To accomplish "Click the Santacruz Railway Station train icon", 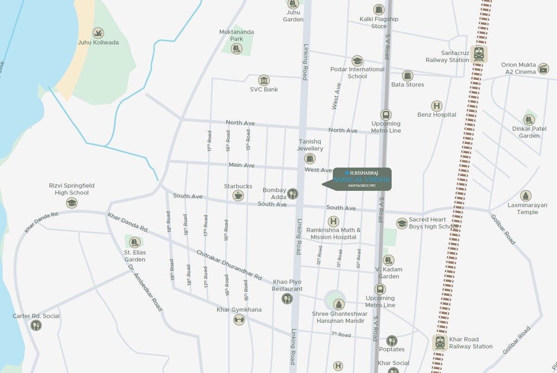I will (478, 54).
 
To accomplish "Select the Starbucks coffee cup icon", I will (238, 195).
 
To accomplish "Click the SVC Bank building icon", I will (264, 80).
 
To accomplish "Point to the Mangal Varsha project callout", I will (362, 179).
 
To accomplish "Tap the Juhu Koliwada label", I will (98, 42).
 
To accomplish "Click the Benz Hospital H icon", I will (436, 106).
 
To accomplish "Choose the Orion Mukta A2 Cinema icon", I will (543, 69).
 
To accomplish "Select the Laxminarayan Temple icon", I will (525, 196).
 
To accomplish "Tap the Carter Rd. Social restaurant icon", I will (36, 326).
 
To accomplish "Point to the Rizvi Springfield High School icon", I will (71, 202).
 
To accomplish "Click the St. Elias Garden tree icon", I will (135, 242).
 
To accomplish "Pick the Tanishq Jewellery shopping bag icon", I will (310, 158).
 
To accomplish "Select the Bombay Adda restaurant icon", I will (292, 193).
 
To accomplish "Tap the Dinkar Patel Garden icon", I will (529, 120).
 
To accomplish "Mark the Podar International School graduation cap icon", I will (357, 60).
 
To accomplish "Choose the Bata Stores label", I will (408, 85).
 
